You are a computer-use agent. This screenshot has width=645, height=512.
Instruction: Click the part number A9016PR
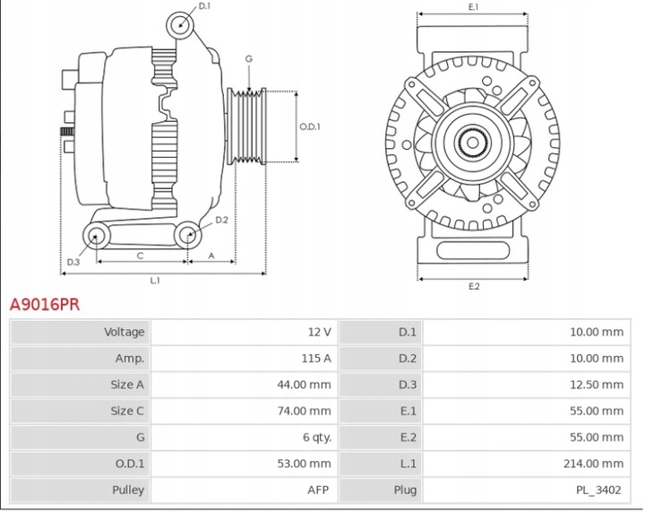pyautogui.click(x=45, y=305)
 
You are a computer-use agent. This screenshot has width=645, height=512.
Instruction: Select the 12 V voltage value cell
pyautogui.click(x=319, y=332)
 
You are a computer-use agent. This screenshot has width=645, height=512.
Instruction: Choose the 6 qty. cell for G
pyautogui.click(x=314, y=438)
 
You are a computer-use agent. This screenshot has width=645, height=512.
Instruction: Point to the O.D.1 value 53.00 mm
pyautogui.click(x=304, y=464)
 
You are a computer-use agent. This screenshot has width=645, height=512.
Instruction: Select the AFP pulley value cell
pyautogui.click(x=319, y=490)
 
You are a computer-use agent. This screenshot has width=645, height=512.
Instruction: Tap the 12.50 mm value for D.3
pyautogui.click(x=596, y=385)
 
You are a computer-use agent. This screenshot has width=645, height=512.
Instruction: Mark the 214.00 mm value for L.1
pyautogui.click(x=592, y=464)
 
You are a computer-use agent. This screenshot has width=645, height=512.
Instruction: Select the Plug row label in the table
pyautogui.click(x=405, y=490)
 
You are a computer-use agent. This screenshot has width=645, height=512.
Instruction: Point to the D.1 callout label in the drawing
pyautogui.click(x=204, y=6)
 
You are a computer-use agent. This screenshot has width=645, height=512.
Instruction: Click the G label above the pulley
pyautogui.click(x=248, y=59)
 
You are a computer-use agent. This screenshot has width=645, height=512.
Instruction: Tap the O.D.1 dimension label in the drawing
pyautogui.click(x=310, y=126)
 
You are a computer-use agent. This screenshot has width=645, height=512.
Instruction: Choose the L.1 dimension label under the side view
pyautogui.click(x=155, y=281)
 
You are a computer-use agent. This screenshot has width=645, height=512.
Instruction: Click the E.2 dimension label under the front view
pyautogui.click(x=474, y=287)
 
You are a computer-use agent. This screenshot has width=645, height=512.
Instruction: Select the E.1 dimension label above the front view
pyautogui.click(x=474, y=7)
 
